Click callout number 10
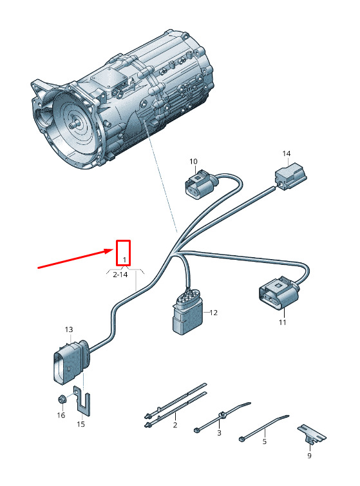point(193,162)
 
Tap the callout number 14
point(287,153)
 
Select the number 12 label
point(213,313)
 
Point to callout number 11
point(282,322)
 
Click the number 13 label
point(69,329)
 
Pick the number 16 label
point(61,415)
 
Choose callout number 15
point(81,424)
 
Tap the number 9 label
point(309,456)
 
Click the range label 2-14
point(120,275)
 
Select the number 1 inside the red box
point(124,260)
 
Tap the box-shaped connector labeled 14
point(290,176)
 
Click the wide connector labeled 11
point(278,293)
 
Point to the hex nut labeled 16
point(62,399)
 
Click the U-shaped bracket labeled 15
point(82,400)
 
